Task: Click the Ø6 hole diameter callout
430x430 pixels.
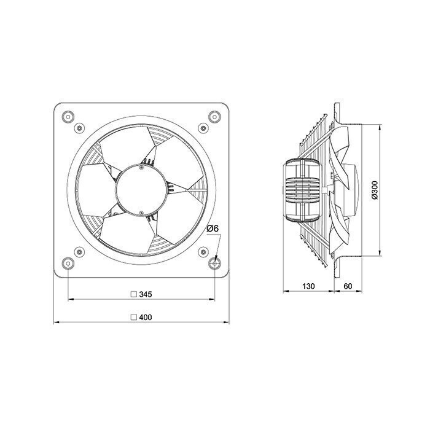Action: pos(213,229)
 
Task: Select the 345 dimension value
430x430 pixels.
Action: pos(146,294)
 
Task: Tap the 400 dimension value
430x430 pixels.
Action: pos(146,318)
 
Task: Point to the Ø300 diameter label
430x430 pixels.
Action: pos(375,190)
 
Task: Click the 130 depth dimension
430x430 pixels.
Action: pos(308,286)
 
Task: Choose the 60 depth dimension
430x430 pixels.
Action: pos(348,286)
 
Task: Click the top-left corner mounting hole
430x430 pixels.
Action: pos(68,117)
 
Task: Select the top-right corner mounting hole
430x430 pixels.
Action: pos(214,117)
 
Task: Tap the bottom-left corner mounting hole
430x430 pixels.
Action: pos(68,264)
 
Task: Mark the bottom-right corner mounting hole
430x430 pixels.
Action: pos(214,264)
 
